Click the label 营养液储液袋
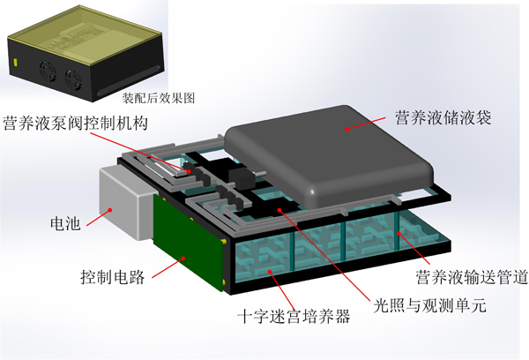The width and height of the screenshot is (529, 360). pos(443,117)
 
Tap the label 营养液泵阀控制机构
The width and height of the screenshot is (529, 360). pos(76,123)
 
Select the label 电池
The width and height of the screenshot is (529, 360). pos(65,223)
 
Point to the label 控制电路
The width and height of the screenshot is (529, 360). pos(113,277)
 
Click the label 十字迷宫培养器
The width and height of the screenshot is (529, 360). pos(294,317)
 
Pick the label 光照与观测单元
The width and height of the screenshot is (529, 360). pos(429,305)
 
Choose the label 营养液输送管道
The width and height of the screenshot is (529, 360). pos(472,277)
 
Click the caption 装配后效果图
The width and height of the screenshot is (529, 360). pos(159,98)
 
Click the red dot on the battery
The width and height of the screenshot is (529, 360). pos(109,210)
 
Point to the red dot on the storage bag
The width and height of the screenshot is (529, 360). pos(346,129)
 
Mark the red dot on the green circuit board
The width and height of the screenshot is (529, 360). pos(183,259)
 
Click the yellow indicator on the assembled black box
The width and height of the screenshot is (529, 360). pos(15,62)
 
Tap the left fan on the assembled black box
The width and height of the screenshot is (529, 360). pos(48,71)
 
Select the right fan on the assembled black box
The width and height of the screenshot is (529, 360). pos(73,79)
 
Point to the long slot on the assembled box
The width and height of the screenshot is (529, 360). pos(129,80)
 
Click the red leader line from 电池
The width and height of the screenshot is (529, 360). pos(98,217)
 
